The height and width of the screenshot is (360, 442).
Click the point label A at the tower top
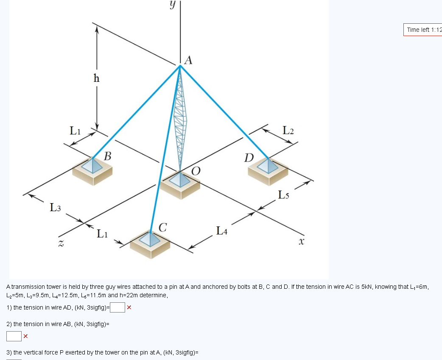click(189, 61)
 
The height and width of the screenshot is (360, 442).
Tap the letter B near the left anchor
click(108, 156)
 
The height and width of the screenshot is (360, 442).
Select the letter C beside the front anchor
click(162, 226)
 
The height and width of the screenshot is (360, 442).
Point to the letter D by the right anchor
click(249, 158)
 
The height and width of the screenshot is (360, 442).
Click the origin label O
click(196, 171)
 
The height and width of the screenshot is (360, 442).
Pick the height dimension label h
click(97, 78)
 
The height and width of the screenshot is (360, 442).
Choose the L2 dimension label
click(288, 130)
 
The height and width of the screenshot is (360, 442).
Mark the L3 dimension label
click(56, 207)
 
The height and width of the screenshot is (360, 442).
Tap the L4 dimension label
click(221, 231)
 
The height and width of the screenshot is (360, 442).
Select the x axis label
click(302, 241)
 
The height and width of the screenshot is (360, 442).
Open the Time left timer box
click(422, 30)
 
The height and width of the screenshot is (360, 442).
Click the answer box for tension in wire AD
click(117, 307)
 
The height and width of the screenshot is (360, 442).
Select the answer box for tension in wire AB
click(14, 336)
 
